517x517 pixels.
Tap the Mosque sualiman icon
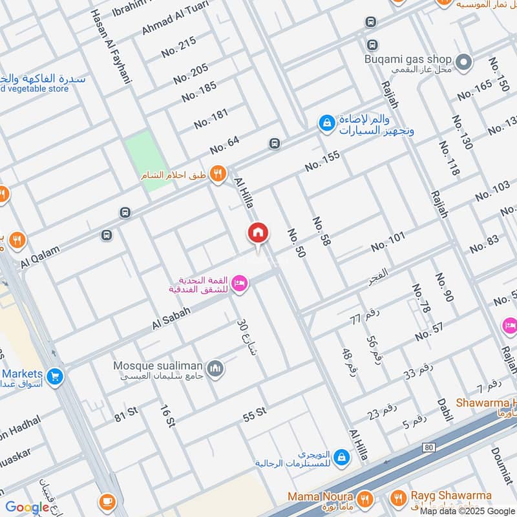215,368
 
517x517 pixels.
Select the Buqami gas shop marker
463,62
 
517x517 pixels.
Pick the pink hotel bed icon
240,284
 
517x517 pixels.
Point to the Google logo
27,507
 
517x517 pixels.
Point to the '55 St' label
255,414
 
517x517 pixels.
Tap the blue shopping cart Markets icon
56,374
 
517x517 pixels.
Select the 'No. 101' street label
388,242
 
